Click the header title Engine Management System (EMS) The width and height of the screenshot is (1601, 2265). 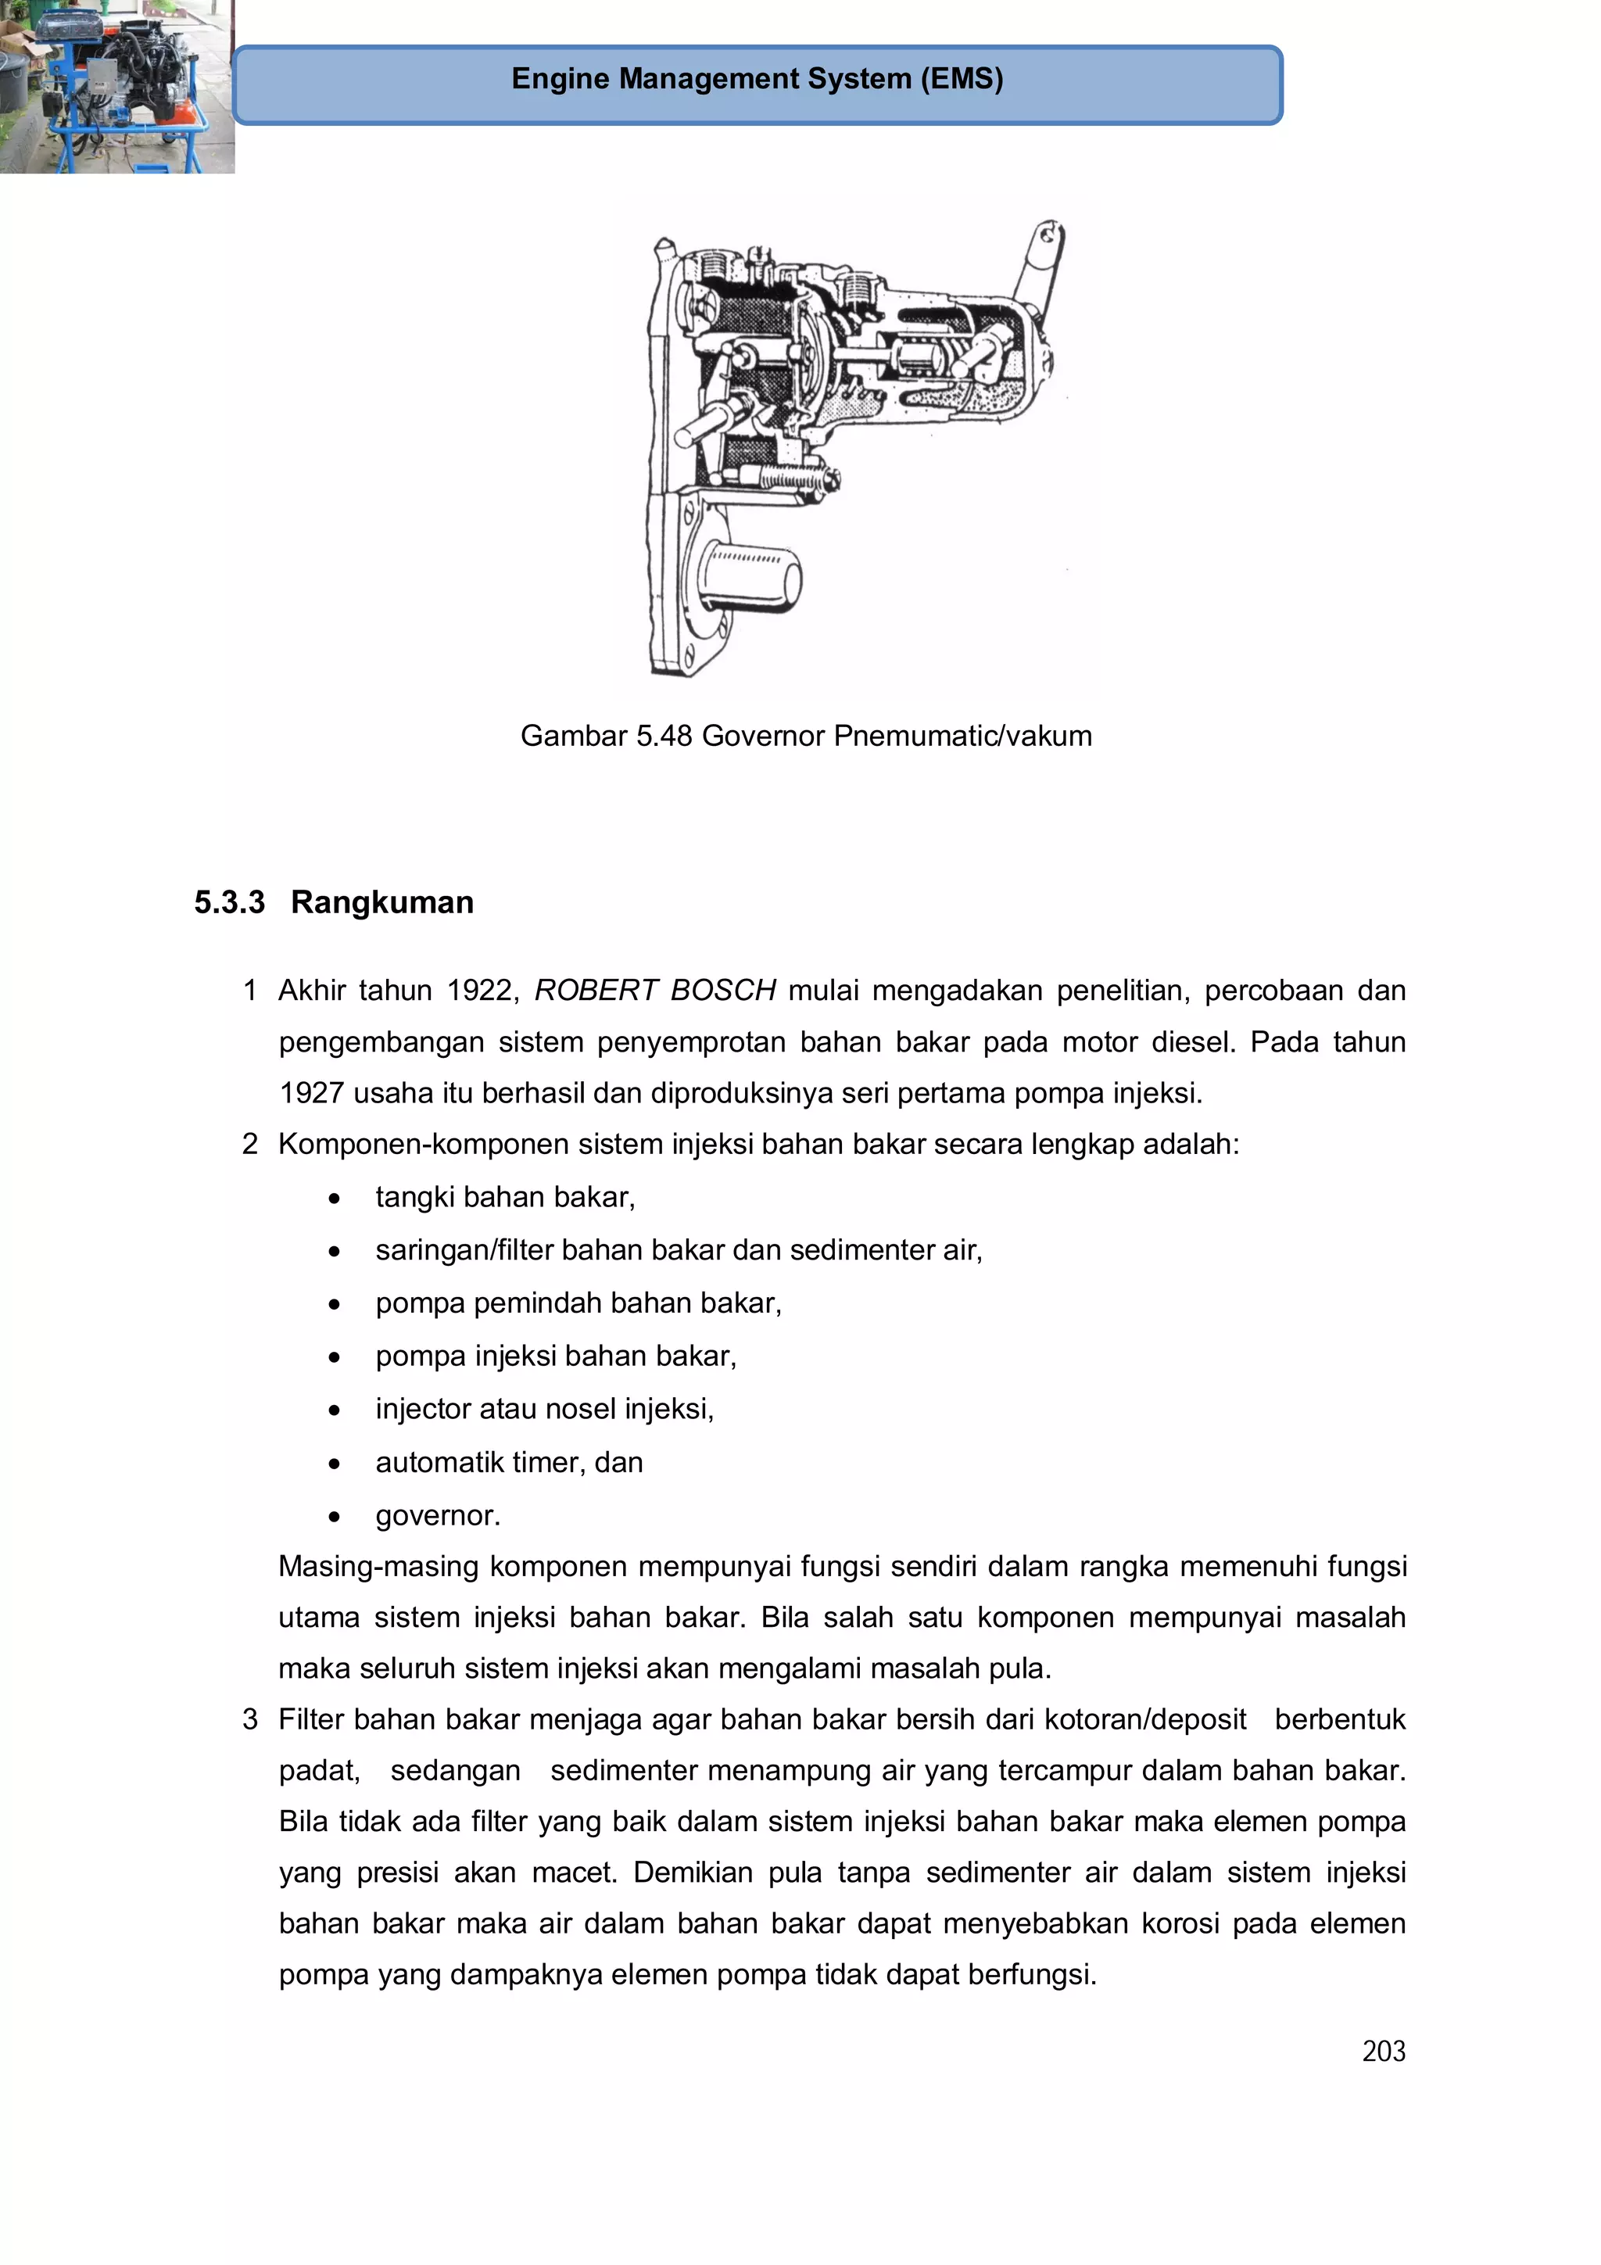(x=757, y=79)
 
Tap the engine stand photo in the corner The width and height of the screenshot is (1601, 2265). (x=116, y=87)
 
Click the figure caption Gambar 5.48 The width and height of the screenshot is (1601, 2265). (x=805, y=736)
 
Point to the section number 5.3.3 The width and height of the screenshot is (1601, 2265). (x=229, y=901)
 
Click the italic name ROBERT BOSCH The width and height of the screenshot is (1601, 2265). (x=655, y=990)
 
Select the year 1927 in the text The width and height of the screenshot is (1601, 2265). (x=310, y=1092)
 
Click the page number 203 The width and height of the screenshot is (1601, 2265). (x=1383, y=2051)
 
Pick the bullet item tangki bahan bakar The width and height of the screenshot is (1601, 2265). (x=505, y=1197)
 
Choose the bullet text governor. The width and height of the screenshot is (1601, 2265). (x=438, y=1514)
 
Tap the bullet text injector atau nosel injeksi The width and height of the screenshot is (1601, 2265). (x=545, y=1408)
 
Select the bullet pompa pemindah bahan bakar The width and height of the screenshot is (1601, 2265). (x=578, y=1303)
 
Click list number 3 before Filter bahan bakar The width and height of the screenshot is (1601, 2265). (x=251, y=1718)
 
